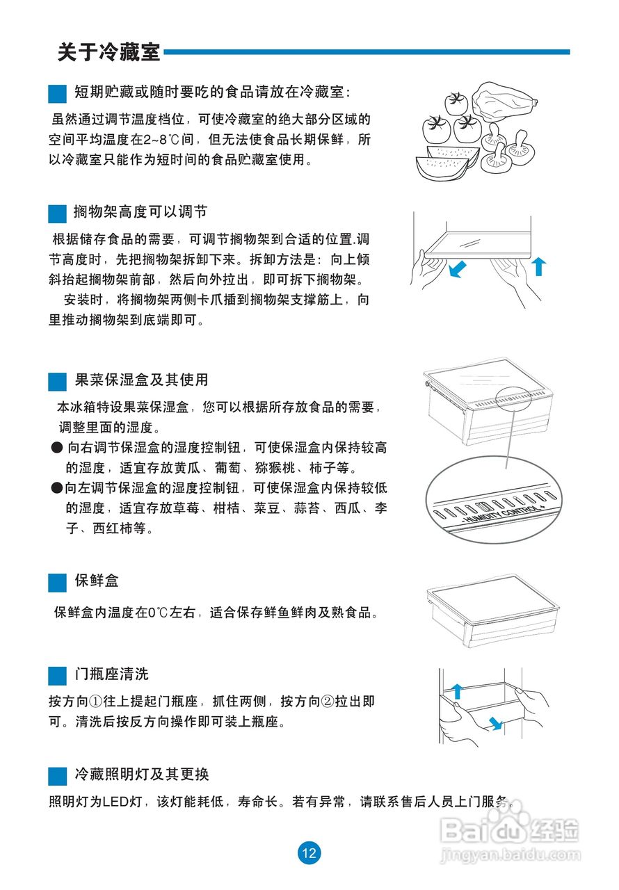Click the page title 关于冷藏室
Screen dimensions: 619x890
(x=109, y=52)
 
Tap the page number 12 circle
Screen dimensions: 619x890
(x=309, y=853)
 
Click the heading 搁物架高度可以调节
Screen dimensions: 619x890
(x=140, y=212)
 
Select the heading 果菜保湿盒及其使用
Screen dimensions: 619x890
(x=141, y=380)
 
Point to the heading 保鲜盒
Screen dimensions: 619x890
(x=97, y=581)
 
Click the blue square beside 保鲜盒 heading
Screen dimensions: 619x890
(x=57, y=583)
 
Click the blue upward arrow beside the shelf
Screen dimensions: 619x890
(x=539, y=266)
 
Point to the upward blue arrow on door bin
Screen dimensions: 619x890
(x=458, y=691)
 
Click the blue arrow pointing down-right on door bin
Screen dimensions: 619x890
(x=495, y=723)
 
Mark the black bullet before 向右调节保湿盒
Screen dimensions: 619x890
(x=57, y=448)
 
